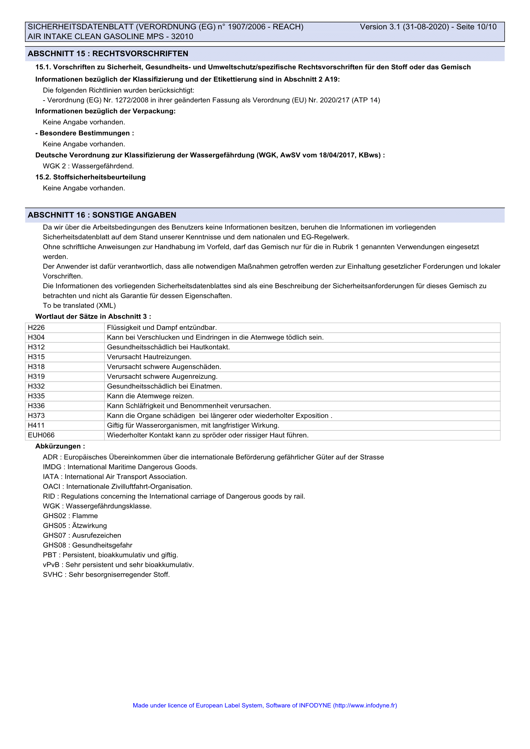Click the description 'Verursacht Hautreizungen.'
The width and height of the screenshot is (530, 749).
coord(149,357)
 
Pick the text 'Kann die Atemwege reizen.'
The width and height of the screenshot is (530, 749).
coord(151,396)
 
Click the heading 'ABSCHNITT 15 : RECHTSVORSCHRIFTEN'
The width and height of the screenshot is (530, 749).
coord(108,54)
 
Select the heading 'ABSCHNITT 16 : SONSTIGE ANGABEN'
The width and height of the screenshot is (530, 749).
coord(102,215)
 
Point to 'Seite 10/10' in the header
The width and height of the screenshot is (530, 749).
coord(476,27)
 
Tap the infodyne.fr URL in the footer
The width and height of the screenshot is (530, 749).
coord(365,705)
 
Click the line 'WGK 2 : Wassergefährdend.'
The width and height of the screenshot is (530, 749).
coord(88,166)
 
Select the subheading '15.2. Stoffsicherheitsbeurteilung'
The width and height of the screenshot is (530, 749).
coord(90,177)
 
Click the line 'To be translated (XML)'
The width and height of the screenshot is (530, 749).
coord(79,305)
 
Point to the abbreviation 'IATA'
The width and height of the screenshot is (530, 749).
coord(51,476)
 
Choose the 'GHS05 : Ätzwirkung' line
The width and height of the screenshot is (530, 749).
coord(75,525)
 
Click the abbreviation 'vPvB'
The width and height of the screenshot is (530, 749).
coord(51,565)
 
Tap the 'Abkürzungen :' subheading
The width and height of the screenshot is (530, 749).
coord(60,446)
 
